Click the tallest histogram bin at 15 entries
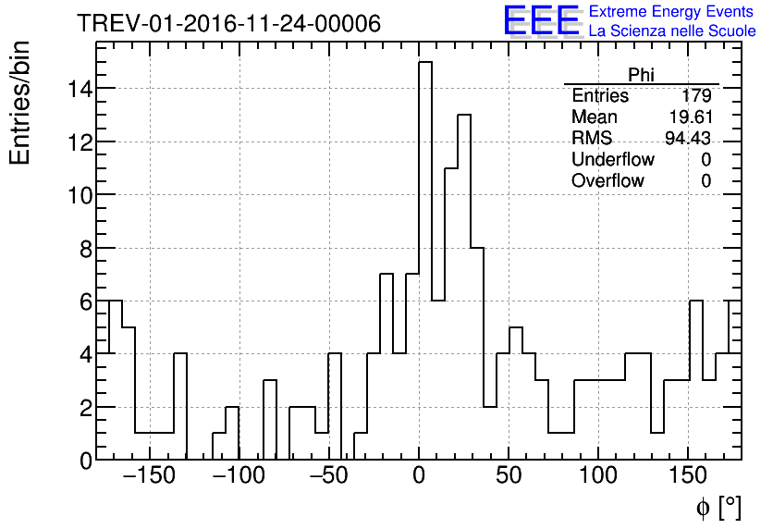pyautogui.click(x=425, y=259)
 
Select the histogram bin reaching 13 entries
pyautogui.click(x=464, y=287)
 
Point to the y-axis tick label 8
pyautogui.click(x=84, y=249)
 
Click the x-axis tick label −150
pyautogui.click(x=148, y=477)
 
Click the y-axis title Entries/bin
pyautogui.click(x=20, y=103)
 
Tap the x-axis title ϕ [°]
pyautogui.click(x=718, y=508)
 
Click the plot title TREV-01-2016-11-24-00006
pyautogui.click(x=228, y=24)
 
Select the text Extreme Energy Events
pyautogui.click(x=672, y=12)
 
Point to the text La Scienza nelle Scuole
pyautogui.click(x=672, y=31)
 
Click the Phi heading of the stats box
pyautogui.click(x=641, y=75)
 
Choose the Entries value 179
pyautogui.click(x=695, y=96)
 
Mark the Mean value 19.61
pyautogui.click(x=689, y=117)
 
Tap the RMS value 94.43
pyautogui.click(x=688, y=139)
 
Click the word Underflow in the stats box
pyautogui.click(x=612, y=160)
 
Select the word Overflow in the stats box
pyautogui.click(x=607, y=181)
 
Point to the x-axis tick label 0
pyautogui.click(x=418, y=477)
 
